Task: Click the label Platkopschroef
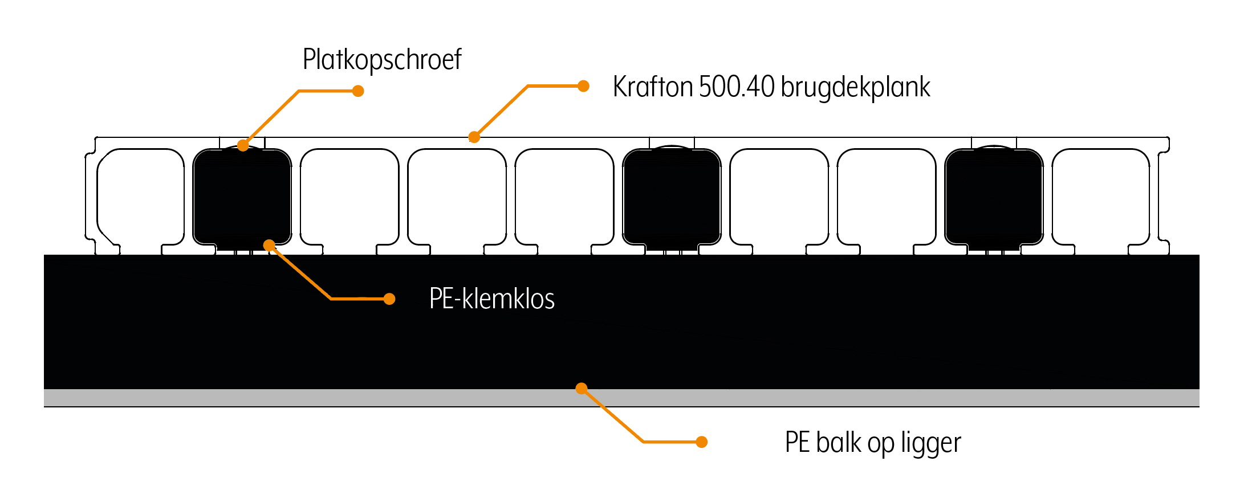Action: click(x=381, y=60)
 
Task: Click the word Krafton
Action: click(x=653, y=87)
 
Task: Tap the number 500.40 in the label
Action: click(x=737, y=87)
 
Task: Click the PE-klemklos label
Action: click(x=491, y=299)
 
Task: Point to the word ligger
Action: click(x=931, y=443)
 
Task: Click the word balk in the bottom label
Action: click(x=839, y=442)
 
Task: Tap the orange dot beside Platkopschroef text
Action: click(x=358, y=91)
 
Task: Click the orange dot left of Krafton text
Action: click(x=583, y=86)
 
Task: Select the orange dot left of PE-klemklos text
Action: click(x=389, y=299)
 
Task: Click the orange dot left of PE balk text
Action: click(x=702, y=442)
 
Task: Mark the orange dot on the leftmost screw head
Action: click(x=243, y=145)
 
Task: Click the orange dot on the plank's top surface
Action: click(x=474, y=137)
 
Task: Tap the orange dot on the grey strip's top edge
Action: click(x=581, y=389)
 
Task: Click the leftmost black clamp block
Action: click(x=242, y=197)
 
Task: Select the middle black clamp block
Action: click(x=672, y=197)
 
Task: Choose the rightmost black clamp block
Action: click(x=994, y=197)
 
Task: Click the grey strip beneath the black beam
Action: click(x=342, y=398)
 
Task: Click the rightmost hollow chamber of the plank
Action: click(x=1101, y=197)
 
